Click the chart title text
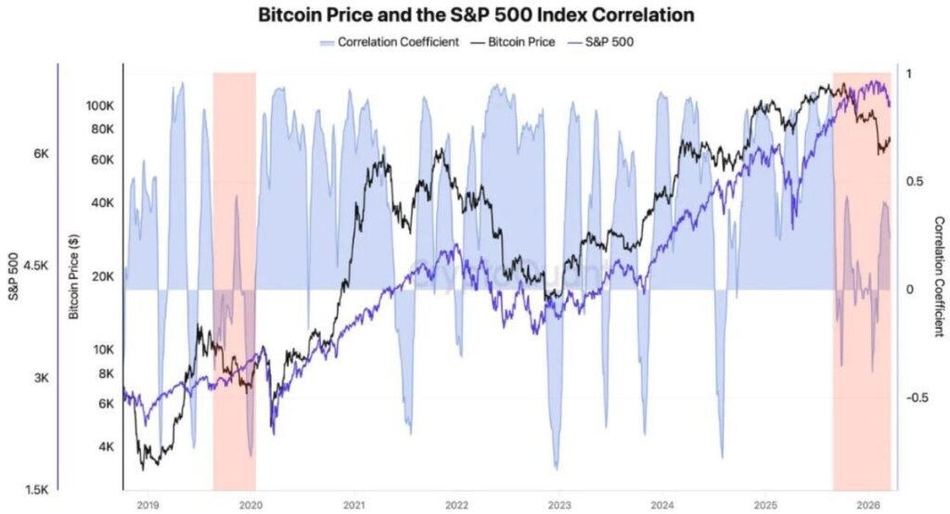[475, 16]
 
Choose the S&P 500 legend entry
[604, 42]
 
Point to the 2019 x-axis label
[148, 505]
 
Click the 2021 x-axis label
[353, 505]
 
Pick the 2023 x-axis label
[559, 505]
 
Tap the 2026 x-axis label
[868, 505]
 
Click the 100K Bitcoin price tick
[99, 105]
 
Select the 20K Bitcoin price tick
[102, 276]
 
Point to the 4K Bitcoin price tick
[104, 447]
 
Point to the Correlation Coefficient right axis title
[939, 276]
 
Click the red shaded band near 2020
[234, 278]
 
